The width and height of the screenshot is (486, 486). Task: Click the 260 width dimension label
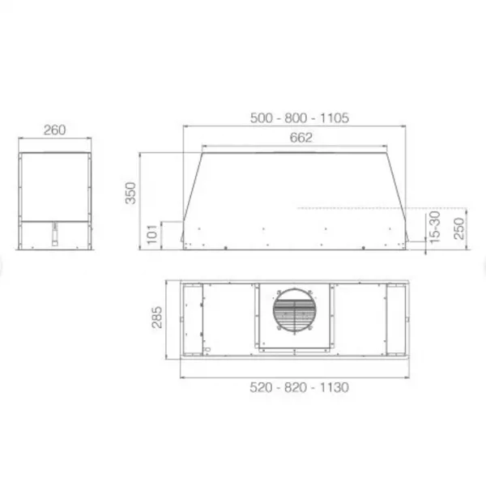tap(54, 130)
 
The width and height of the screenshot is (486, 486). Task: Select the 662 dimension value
tap(301, 138)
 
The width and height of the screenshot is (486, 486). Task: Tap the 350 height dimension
tap(130, 193)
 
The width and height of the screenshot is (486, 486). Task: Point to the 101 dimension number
tap(152, 234)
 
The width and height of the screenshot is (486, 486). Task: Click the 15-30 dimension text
tap(435, 227)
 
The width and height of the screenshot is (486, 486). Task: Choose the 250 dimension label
tap(459, 228)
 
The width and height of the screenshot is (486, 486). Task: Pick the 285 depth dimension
tap(157, 317)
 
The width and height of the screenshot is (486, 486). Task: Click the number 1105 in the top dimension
tap(335, 118)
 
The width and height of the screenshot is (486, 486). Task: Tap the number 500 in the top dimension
tap(262, 118)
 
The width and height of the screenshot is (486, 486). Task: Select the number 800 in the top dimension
tap(296, 118)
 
